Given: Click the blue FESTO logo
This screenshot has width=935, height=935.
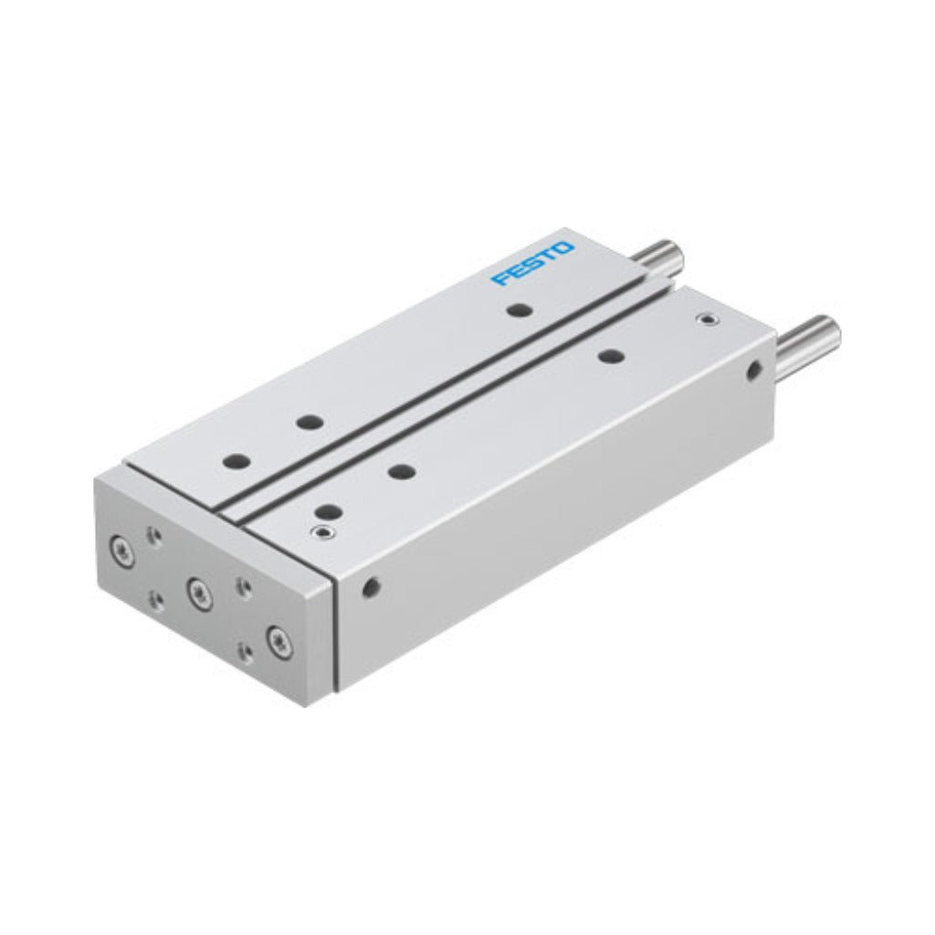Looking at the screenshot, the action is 532,263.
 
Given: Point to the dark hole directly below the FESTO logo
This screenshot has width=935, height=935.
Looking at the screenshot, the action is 520,310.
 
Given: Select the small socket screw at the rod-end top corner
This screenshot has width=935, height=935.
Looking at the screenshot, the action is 708,320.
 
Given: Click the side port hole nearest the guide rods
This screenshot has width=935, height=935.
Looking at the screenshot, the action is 754,369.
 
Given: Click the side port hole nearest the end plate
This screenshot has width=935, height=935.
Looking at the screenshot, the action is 371,587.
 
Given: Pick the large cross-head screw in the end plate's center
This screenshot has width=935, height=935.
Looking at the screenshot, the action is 198,592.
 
